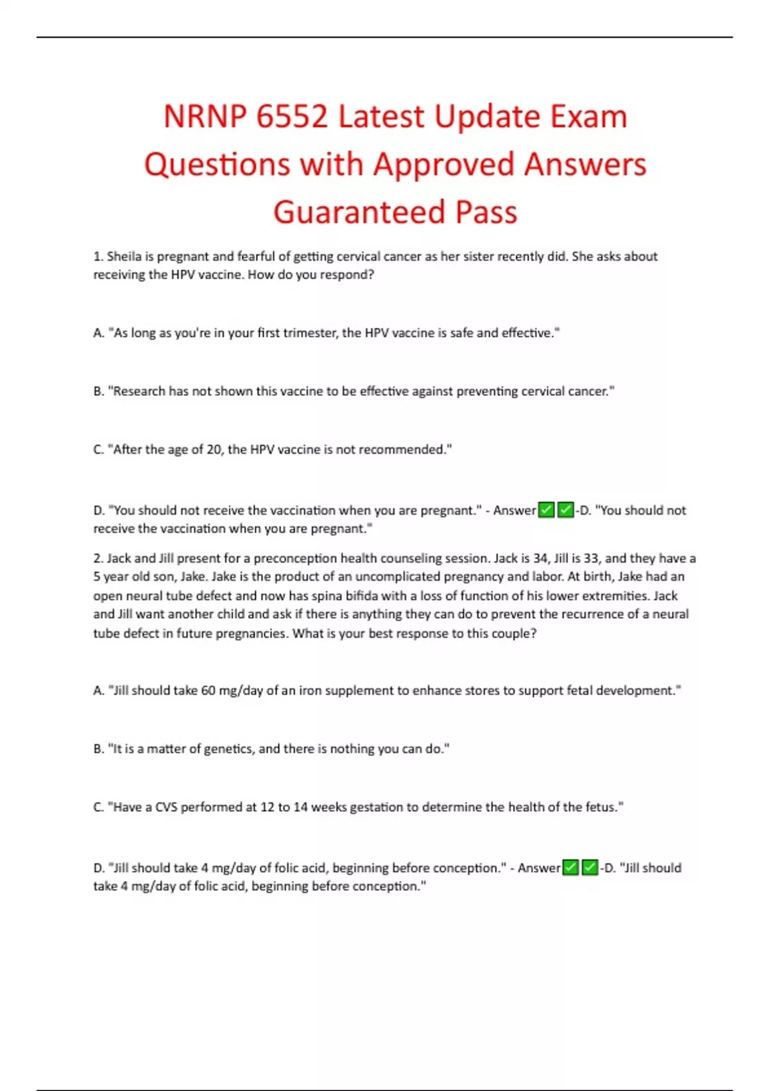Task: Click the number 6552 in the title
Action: point(291,117)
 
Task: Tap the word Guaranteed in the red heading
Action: point(360,212)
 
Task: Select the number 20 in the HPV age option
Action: point(214,450)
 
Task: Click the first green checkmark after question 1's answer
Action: point(546,510)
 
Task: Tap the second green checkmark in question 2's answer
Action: point(590,868)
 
